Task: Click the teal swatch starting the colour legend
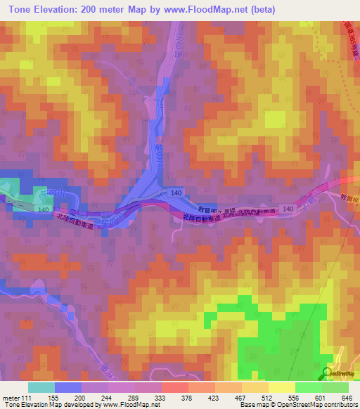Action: click(x=41, y=387)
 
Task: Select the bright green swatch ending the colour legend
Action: click(x=335, y=387)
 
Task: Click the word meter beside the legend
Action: click(x=11, y=397)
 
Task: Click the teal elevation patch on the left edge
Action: click(x=8, y=188)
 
